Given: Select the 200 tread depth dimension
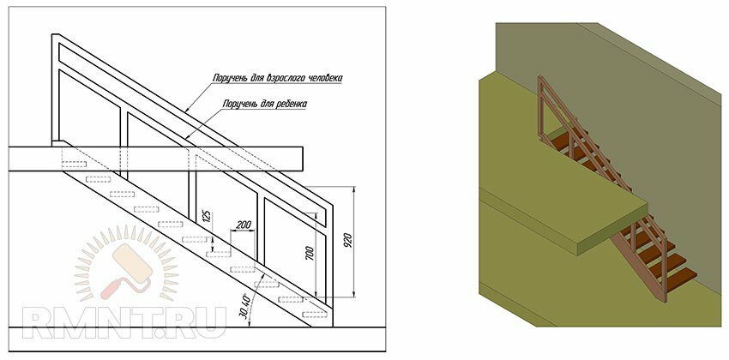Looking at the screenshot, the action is pos(244,225).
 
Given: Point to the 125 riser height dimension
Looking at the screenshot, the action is pos(208,218).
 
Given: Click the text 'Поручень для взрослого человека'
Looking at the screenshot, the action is pos(278,78).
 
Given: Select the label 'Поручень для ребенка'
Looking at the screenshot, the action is pos(265,104).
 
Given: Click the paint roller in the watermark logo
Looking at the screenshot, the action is pos(126,270).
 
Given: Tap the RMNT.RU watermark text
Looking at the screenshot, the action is pos(124,322).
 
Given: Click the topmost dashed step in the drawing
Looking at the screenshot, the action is pos(74,164).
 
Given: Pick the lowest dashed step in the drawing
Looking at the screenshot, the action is pos(315,315).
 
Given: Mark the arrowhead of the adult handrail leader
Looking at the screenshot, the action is pos(186,111).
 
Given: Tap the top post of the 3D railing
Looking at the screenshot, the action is pos(540,106).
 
